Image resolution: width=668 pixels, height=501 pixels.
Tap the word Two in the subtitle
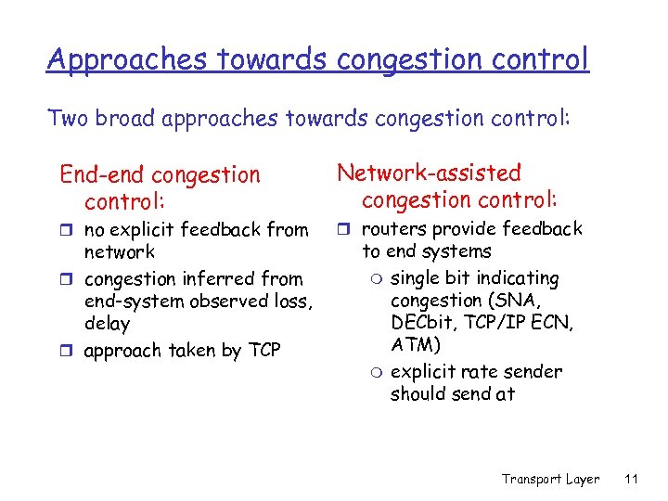point(69,118)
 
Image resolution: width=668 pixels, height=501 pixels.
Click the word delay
point(107,324)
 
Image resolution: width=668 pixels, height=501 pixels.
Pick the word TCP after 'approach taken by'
point(262,351)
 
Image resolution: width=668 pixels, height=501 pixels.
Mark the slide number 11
point(631,479)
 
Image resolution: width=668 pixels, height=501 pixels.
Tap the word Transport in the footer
point(532,479)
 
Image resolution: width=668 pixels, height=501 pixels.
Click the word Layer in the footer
point(582,479)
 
